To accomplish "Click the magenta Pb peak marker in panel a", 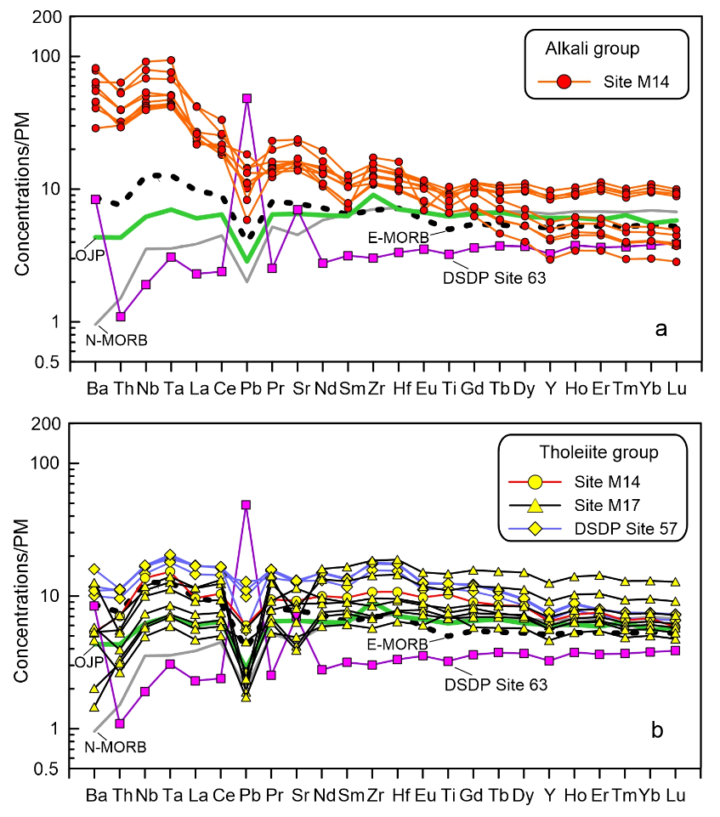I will [x=247, y=98].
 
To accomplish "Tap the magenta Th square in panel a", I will [x=121, y=316].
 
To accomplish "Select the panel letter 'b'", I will [x=660, y=729].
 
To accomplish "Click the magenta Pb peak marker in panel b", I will [x=247, y=505].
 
